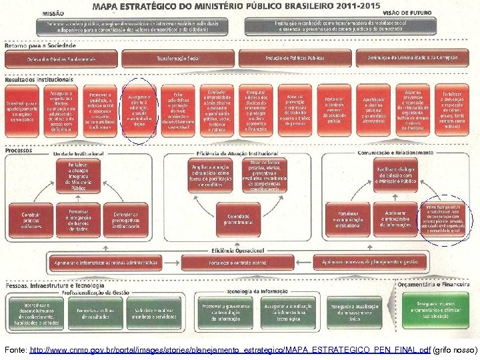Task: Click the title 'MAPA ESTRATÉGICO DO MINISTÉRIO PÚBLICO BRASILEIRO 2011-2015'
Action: (236, 6)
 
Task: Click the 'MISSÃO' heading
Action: (53, 13)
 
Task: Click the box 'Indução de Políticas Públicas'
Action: (295, 59)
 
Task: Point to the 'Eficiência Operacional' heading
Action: (230, 250)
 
